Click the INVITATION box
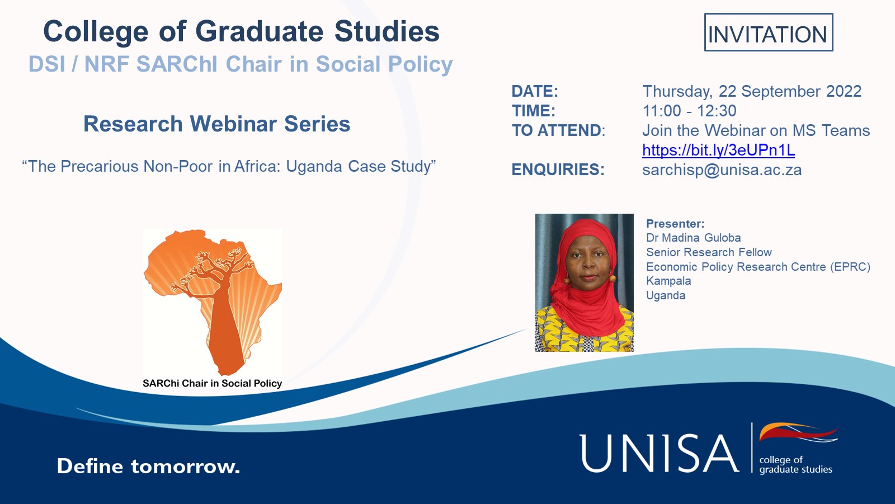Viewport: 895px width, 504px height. (x=769, y=32)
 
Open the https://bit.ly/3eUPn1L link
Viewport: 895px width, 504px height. (x=718, y=150)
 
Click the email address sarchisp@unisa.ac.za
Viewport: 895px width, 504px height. (x=722, y=169)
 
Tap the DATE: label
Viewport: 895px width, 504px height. (x=535, y=91)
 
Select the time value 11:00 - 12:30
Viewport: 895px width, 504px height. (x=689, y=111)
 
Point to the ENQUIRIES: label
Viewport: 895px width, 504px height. (x=558, y=169)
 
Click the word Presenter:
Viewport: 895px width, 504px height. (x=675, y=223)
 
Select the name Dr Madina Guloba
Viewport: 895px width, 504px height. (x=693, y=238)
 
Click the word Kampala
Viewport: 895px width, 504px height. (x=668, y=281)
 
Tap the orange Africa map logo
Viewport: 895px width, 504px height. (x=213, y=302)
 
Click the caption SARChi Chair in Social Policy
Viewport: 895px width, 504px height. (x=212, y=383)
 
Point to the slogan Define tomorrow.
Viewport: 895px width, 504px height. (x=148, y=467)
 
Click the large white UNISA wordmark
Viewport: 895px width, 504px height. (x=660, y=454)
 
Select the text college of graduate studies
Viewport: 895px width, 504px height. (x=795, y=465)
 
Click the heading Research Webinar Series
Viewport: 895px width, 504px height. (x=216, y=124)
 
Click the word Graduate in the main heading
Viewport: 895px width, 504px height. (x=260, y=31)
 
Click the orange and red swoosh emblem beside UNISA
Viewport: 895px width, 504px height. (x=798, y=432)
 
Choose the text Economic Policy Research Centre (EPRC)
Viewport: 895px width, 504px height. (x=758, y=267)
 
